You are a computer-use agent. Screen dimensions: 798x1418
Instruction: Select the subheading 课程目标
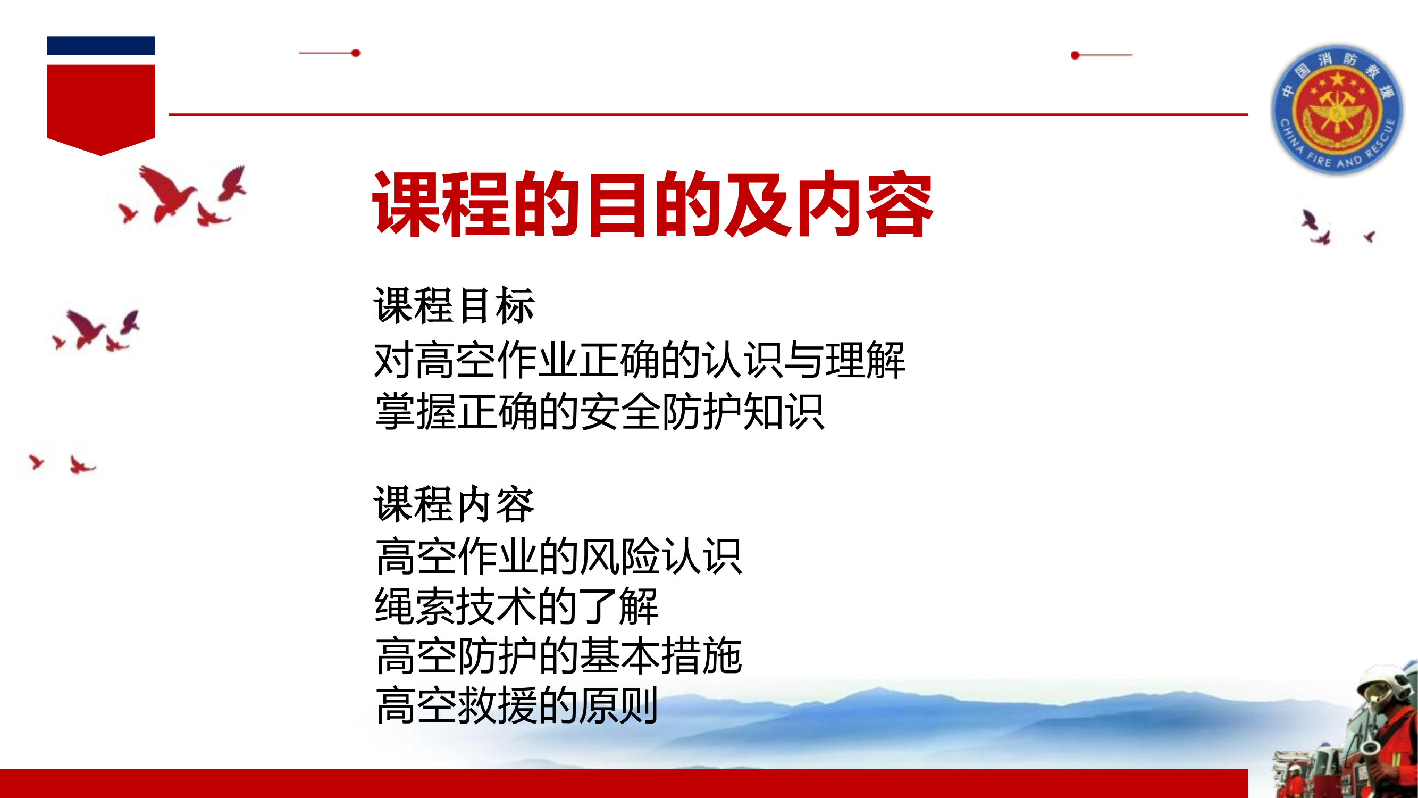pos(454,306)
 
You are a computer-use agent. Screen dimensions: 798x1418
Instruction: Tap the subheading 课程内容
pos(454,504)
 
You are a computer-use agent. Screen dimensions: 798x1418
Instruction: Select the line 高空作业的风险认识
pos(559,557)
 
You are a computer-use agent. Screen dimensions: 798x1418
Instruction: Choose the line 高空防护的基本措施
pos(559,656)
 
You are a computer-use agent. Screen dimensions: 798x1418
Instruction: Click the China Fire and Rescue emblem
pos(1337,110)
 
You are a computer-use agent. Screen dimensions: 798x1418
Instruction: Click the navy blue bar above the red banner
pos(100,46)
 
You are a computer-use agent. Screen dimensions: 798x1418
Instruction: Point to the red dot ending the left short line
pos(356,53)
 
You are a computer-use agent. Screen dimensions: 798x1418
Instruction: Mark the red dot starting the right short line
pos(1075,55)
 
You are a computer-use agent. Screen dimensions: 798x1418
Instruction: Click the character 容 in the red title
pos(900,205)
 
